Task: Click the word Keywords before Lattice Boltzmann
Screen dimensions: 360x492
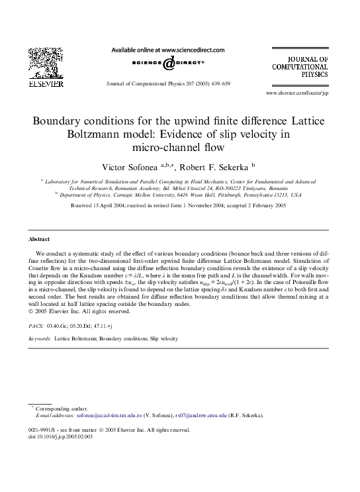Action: (40, 338)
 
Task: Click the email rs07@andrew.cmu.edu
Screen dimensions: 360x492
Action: (201, 416)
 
